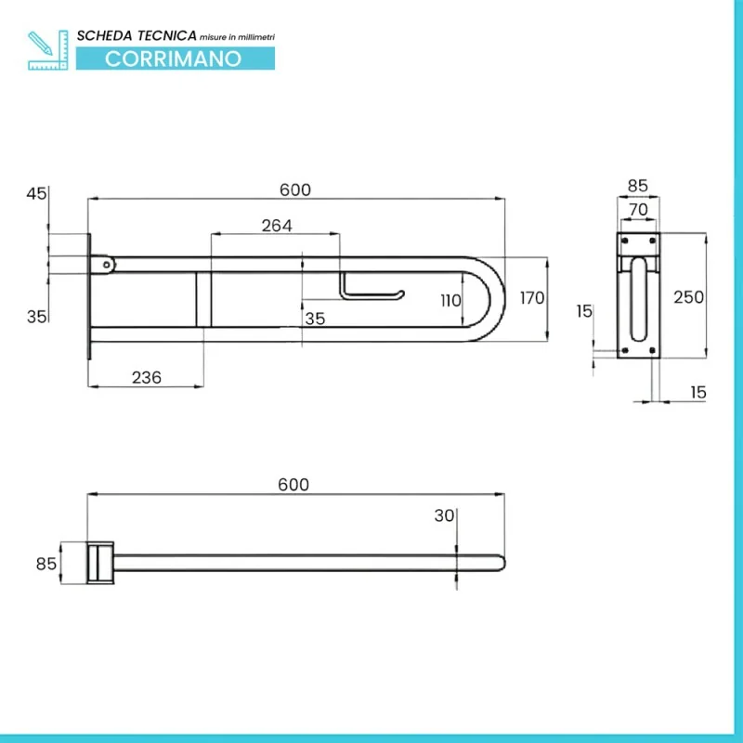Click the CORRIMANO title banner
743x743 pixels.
coord(176,59)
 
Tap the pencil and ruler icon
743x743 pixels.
coord(48,50)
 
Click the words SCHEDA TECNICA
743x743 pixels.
coord(137,35)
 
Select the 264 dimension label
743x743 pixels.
coord(277,226)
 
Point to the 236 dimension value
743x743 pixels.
coord(147,378)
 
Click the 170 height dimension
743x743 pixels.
coord(532,298)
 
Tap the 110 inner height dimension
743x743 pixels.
coord(450,300)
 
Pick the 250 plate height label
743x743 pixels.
coord(688,297)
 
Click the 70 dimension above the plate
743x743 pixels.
coord(638,209)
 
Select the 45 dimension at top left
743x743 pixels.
coord(36,193)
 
